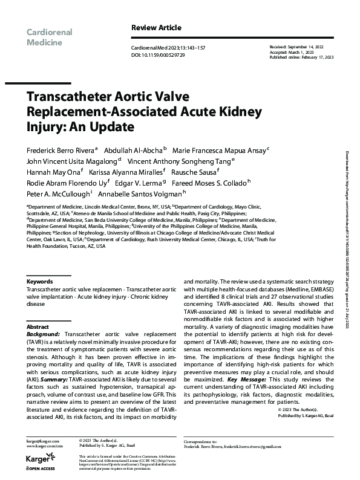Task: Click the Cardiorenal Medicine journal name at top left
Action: click(49, 37)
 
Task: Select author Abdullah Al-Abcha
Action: click(131, 149)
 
